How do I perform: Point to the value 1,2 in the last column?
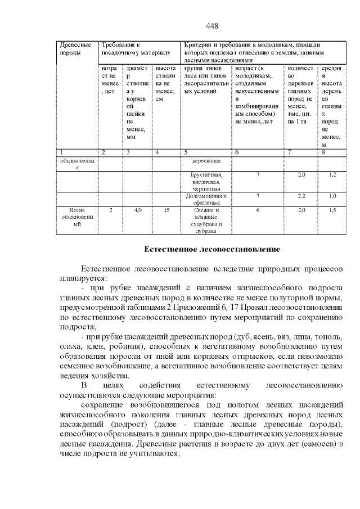click(x=332, y=175)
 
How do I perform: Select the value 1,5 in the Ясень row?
click(x=332, y=210)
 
